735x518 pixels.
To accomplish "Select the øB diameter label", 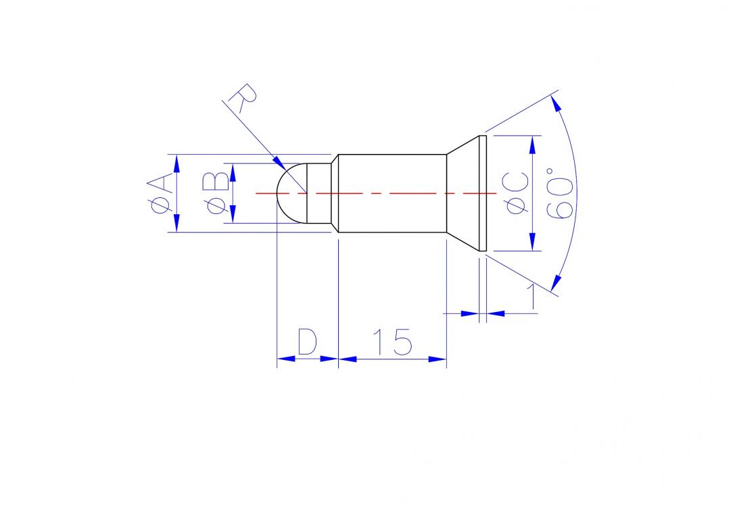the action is [x=216, y=193].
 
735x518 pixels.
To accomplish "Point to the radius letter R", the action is [x=243, y=98].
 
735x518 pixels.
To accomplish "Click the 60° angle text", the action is [x=560, y=193].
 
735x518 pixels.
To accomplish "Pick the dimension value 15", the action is [x=393, y=342].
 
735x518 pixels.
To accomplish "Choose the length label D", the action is [x=307, y=342].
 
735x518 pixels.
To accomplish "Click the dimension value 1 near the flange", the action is [x=531, y=296].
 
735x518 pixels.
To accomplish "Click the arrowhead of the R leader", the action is [x=279, y=162].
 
